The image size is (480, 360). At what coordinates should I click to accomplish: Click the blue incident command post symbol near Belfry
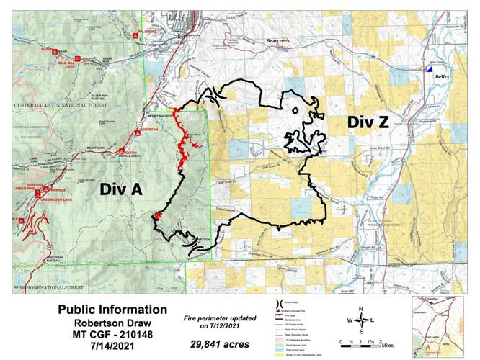click(428, 70)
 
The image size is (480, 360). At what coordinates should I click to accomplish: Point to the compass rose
click(363, 320)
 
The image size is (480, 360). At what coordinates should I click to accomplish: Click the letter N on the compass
click(363, 309)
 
